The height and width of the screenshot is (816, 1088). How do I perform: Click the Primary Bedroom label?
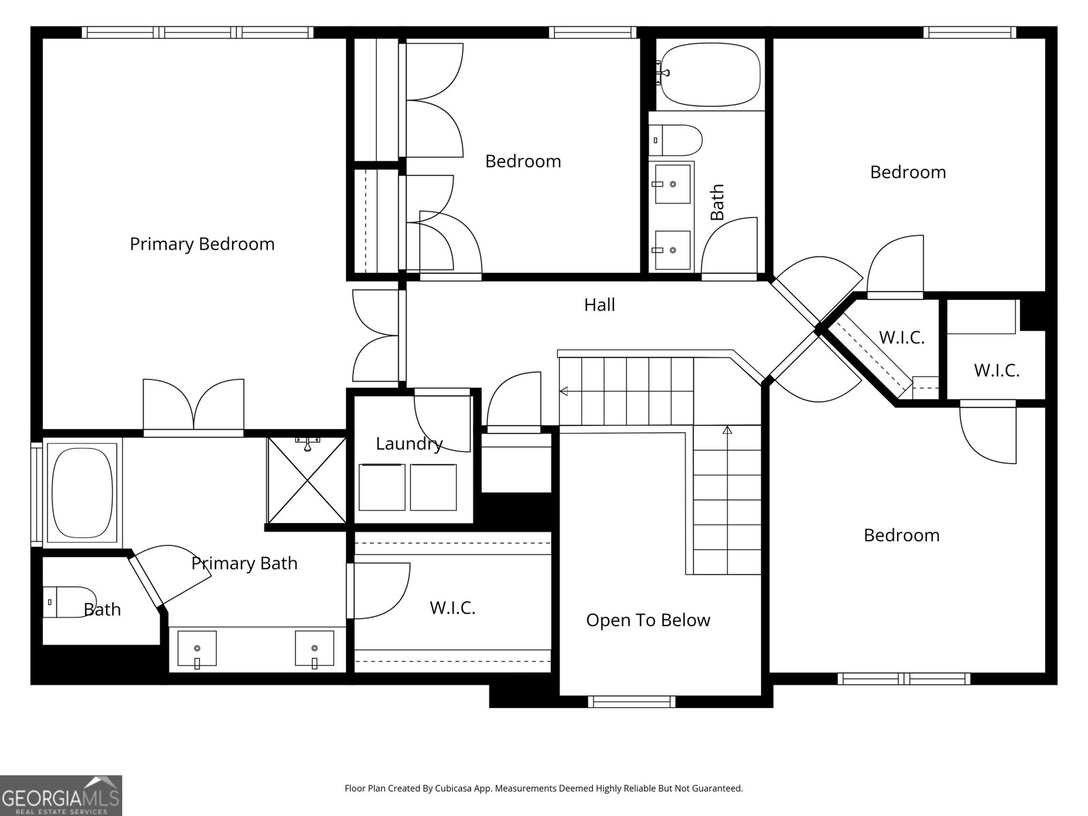click(202, 244)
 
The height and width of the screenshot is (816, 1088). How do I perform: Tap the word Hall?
click(599, 305)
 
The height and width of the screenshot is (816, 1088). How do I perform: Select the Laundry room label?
click(409, 444)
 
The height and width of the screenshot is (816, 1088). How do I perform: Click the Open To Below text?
click(647, 620)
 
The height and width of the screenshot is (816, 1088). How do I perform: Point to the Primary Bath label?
click(244, 563)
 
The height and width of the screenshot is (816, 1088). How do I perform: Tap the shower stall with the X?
click(307, 480)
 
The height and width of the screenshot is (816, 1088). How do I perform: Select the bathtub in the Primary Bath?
click(82, 492)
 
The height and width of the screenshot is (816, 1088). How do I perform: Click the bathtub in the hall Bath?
click(710, 75)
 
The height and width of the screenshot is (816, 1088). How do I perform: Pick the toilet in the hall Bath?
click(677, 139)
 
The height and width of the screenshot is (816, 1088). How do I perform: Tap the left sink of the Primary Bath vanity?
click(197, 649)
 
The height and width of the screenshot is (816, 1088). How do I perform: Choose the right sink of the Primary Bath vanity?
click(314, 649)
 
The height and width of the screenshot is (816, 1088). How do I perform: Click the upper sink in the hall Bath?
click(672, 184)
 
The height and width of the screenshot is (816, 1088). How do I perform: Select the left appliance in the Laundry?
click(382, 487)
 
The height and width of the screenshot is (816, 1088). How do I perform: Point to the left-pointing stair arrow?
click(564, 391)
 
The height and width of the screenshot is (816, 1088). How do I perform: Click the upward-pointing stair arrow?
click(727, 430)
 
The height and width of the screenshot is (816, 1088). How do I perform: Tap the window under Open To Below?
click(632, 701)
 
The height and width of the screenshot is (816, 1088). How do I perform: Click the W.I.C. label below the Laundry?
click(452, 607)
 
